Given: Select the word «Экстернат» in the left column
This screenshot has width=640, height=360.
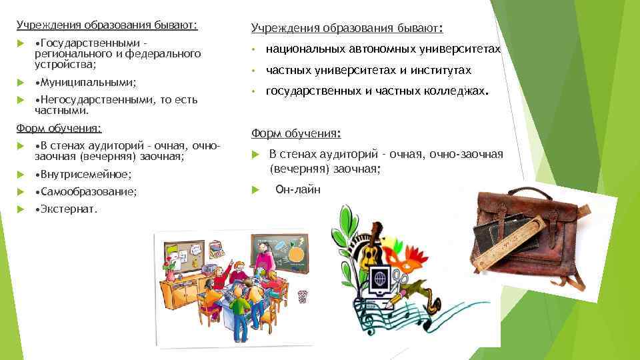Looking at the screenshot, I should coord(69,209).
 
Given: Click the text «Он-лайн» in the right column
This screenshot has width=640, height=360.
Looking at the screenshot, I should coord(298,189).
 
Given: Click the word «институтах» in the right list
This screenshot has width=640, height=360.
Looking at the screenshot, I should coord(440,70).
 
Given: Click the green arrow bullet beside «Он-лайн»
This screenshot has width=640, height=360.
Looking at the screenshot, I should coord(255,189).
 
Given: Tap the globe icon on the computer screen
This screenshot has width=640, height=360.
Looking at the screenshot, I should coord(380,275).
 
